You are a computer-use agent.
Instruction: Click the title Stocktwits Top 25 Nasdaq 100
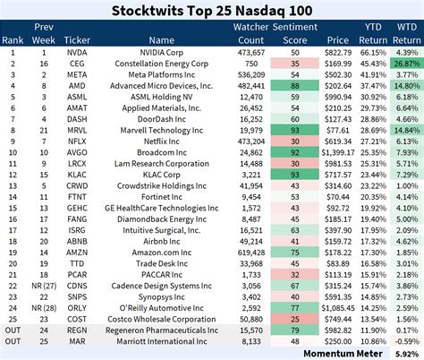coord(211,10)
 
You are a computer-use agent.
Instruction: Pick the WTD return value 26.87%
coord(406,65)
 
